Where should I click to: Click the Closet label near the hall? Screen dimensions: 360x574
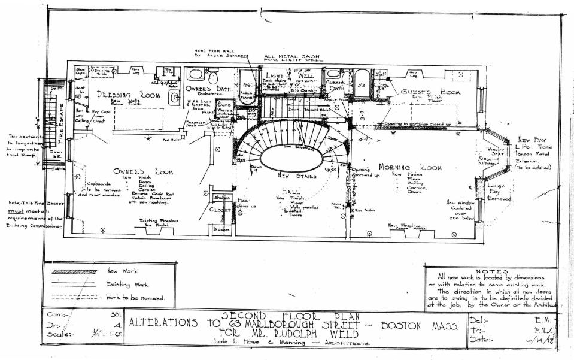(x=221, y=210)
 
